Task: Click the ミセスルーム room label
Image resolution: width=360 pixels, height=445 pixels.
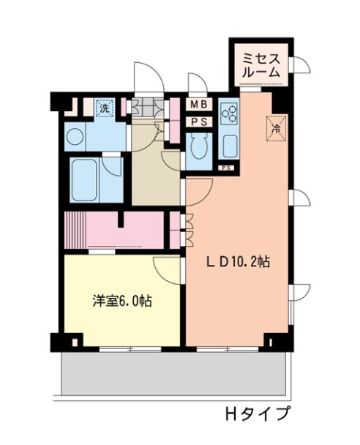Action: pyautogui.click(x=260, y=66)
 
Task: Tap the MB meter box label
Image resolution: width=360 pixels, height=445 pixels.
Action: pyautogui.click(x=199, y=105)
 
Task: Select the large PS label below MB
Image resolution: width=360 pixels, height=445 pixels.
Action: pyautogui.click(x=199, y=122)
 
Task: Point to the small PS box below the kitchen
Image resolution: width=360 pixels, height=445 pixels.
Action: pyautogui.click(x=226, y=168)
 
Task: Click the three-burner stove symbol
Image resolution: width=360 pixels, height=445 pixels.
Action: pyautogui.click(x=229, y=113)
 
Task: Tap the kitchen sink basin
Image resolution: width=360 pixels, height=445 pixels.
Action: pyautogui.click(x=230, y=146)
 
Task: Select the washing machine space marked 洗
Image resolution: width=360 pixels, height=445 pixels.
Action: pyautogui.click(x=105, y=108)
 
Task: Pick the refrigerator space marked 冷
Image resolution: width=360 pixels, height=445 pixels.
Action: pyautogui.click(x=276, y=129)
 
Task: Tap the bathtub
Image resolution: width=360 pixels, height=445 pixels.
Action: pyautogui.click(x=84, y=180)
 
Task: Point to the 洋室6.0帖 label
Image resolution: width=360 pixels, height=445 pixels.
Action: pyautogui.click(x=122, y=301)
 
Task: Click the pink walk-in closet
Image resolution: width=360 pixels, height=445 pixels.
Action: pyautogui.click(x=125, y=231)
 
